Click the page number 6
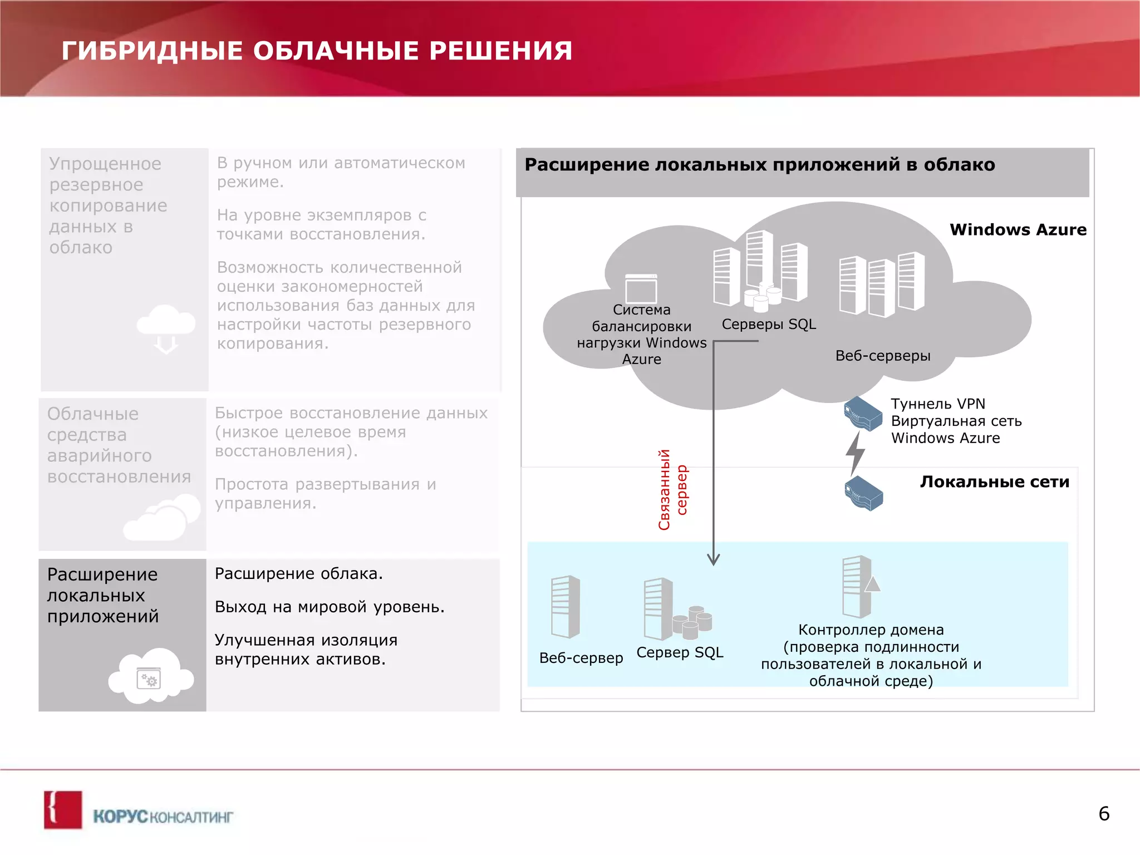click(x=1104, y=814)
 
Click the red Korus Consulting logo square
click(x=63, y=810)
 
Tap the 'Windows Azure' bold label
click(x=1018, y=230)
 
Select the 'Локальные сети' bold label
click(x=994, y=482)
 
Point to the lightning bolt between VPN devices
click(x=856, y=452)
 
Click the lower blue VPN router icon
click(x=864, y=493)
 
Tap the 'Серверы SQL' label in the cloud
click(x=769, y=325)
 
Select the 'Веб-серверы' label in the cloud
click(x=882, y=356)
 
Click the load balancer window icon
click(x=641, y=288)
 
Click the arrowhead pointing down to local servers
click(x=714, y=559)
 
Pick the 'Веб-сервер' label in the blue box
click(x=581, y=658)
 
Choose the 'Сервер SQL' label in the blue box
click(x=680, y=652)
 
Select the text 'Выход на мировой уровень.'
click(x=330, y=607)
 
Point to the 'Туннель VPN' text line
click(x=938, y=404)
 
